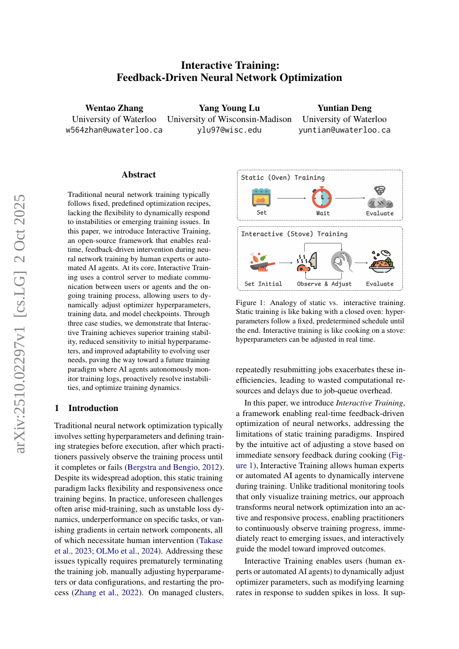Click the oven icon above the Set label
point(261,197)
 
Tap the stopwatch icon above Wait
point(322,197)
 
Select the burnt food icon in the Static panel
point(380,197)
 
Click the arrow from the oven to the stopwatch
point(291,197)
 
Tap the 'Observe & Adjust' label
point(324,284)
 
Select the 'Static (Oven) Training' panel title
point(283,178)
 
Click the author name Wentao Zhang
point(114,108)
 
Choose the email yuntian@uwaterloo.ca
point(344,130)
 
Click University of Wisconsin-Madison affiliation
point(229,119)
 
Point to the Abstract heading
point(139,174)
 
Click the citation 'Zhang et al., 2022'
point(117,593)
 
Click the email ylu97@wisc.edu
point(229,130)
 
